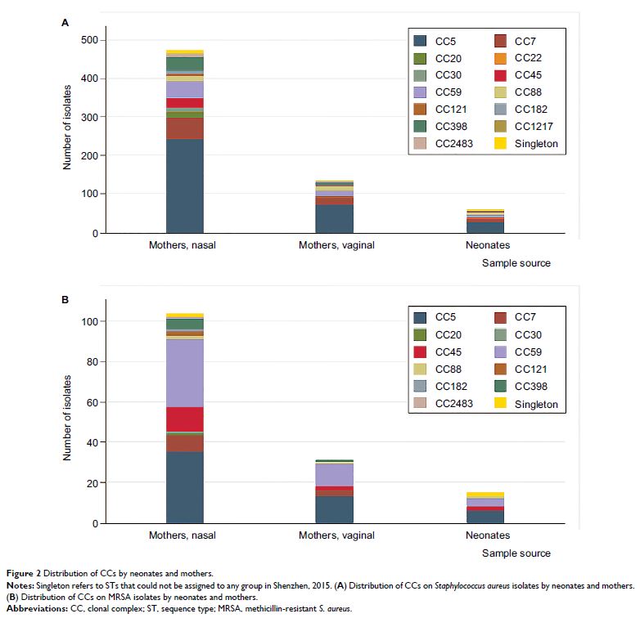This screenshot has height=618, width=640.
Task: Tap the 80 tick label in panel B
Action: click(x=92, y=361)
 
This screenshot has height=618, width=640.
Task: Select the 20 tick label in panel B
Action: click(x=92, y=483)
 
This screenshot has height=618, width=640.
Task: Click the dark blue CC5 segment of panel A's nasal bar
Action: click(x=185, y=186)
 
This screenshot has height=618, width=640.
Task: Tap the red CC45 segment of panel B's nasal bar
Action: click(x=185, y=419)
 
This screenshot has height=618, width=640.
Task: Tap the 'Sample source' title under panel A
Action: click(x=516, y=263)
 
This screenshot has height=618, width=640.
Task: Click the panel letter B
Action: click(x=65, y=299)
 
